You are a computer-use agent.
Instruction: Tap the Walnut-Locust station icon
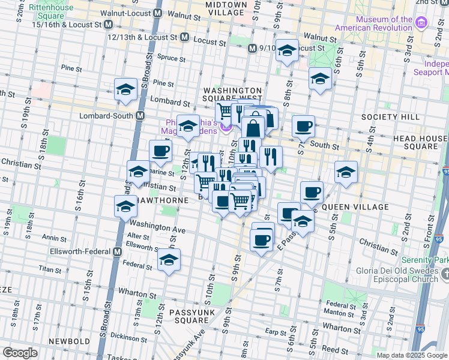point(158,13)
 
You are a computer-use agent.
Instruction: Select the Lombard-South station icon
point(140,115)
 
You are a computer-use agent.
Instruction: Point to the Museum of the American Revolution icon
point(421,23)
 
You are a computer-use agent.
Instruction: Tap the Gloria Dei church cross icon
point(444,274)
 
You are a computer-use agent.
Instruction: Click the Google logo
point(20,353)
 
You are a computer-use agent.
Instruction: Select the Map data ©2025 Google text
point(412,355)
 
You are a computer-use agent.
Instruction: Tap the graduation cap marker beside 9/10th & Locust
point(287,50)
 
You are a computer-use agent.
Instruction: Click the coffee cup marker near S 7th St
point(304,126)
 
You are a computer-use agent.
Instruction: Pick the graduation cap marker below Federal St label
point(169,260)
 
